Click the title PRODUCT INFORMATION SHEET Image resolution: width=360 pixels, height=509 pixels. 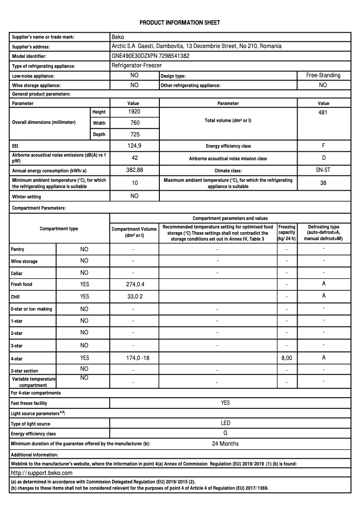(x=180, y=22)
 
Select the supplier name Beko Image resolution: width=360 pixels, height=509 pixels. (x=118, y=37)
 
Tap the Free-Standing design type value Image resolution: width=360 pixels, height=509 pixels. (x=323, y=75)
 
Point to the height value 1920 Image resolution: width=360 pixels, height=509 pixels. (x=134, y=111)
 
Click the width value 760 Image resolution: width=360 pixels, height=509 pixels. (x=134, y=123)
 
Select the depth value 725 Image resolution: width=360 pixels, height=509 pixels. (x=134, y=134)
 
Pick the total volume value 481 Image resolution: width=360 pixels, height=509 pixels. (x=323, y=113)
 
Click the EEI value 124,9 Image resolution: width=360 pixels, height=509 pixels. (x=134, y=146)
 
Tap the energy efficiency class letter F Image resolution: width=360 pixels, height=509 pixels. (x=324, y=146)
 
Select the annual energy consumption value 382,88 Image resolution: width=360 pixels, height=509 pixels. (x=134, y=170)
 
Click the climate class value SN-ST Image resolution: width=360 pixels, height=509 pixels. (x=323, y=170)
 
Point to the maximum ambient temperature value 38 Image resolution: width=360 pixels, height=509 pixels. (x=323, y=183)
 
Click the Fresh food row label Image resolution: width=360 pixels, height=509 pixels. (x=22, y=285)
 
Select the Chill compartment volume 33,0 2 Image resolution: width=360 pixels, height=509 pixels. (x=134, y=297)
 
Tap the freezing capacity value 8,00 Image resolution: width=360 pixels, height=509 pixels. (x=286, y=358)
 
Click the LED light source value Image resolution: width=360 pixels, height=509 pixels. (x=225, y=423)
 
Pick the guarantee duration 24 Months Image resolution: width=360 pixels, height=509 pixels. (x=225, y=444)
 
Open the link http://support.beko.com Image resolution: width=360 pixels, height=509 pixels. (x=41, y=473)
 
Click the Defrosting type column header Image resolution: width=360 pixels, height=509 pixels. (x=324, y=233)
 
